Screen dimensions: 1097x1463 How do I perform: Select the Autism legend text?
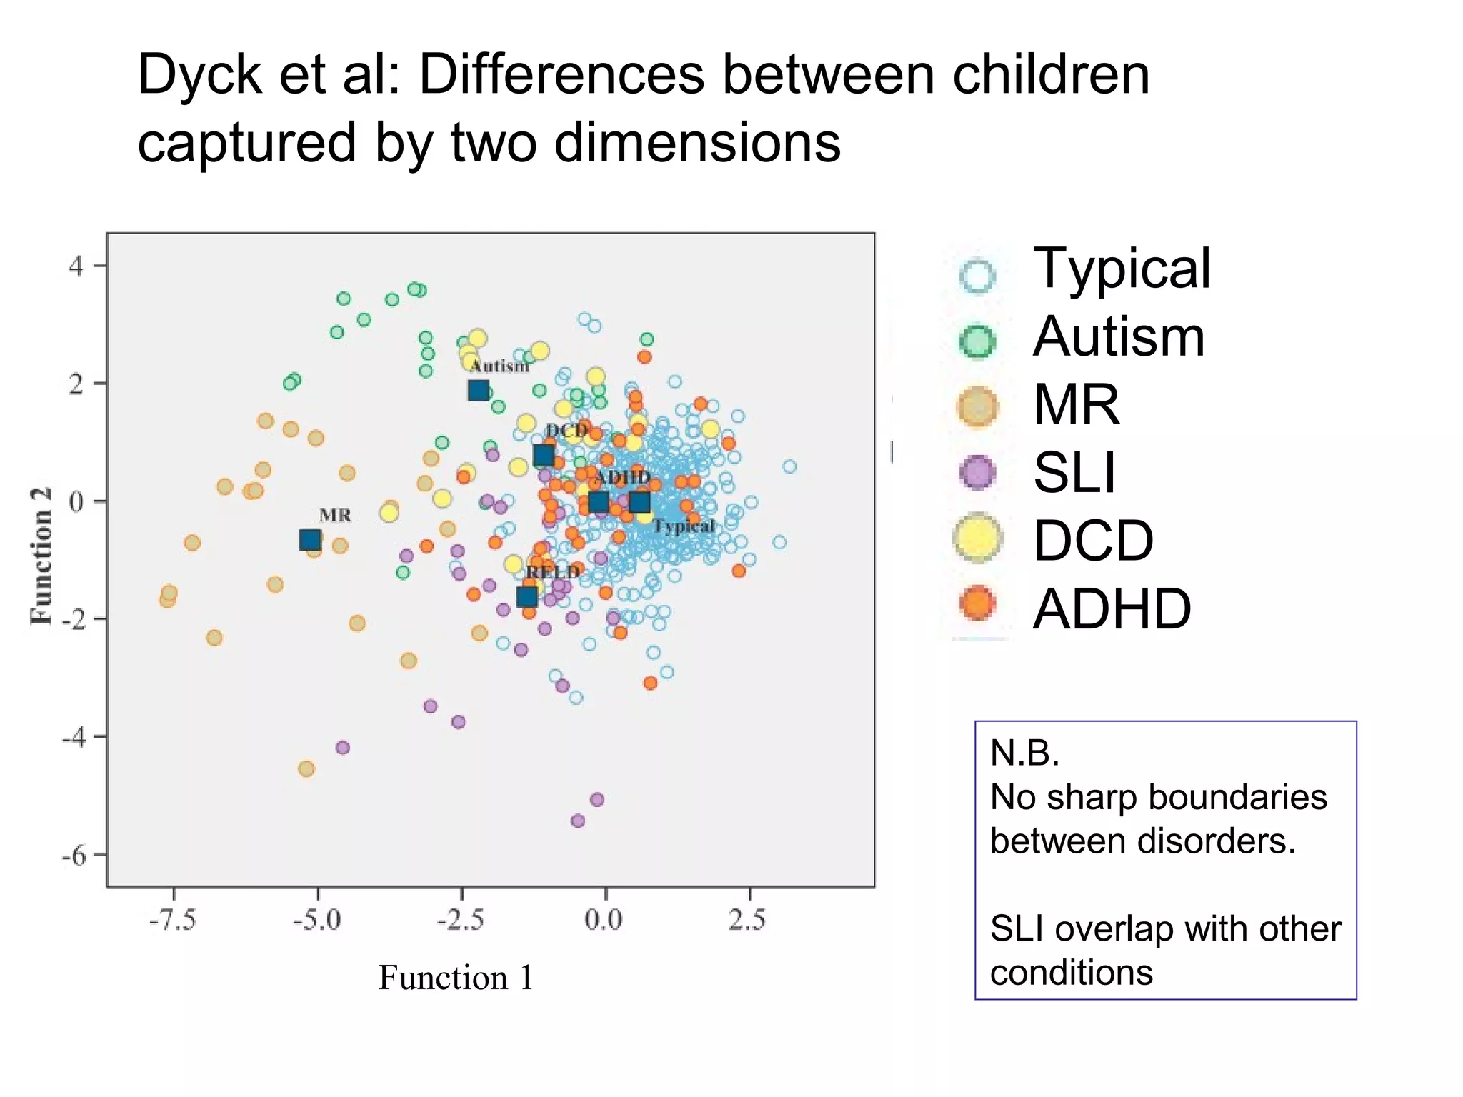click(x=1119, y=337)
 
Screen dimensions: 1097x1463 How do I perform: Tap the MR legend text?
click(x=1076, y=405)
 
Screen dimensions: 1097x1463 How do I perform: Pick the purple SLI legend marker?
click(x=977, y=473)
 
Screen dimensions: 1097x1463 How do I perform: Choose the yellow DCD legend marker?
click(x=977, y=539)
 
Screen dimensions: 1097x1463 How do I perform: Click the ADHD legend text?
click(x=1112, y=609)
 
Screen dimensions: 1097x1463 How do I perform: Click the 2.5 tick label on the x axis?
click(x=747, y=920)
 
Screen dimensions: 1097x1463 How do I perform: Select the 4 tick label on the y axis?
click(x=76, y=266)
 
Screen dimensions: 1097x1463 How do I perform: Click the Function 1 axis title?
click(x=456, y=978)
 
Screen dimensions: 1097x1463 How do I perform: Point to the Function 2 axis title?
click(x=41, y=556)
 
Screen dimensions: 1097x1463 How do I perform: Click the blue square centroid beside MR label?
click(x=309, y=540)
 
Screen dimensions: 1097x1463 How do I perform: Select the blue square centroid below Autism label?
click(x=479, y=391)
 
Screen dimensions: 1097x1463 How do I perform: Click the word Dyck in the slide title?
click(x=199, y=75)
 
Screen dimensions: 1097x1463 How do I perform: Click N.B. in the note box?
click(x=1024, y=753)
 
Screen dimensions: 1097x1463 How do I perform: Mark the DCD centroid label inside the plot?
click(x=566, y=431)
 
